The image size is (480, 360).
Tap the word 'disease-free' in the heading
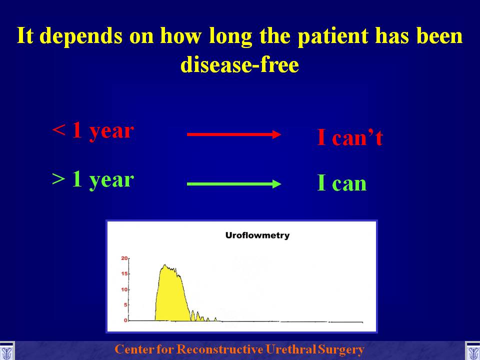(239, 64)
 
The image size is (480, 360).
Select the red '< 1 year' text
(93, 130)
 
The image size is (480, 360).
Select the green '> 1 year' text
(93, 180)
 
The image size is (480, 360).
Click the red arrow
(234, 134)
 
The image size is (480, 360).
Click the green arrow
(234, 184)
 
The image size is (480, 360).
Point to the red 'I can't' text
(350, 137)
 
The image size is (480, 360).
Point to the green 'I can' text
(341, 183)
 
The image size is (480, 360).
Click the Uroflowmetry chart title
(257, 235)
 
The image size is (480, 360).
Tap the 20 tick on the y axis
(124, 258)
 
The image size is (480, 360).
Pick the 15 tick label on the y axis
(124, 273)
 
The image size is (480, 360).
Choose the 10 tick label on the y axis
(124, 289)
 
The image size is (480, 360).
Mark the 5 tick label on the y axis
(125, 305)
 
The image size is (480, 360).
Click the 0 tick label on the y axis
(125, 320)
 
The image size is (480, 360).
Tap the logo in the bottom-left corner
(6, 351)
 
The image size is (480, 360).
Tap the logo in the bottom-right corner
(473, 351)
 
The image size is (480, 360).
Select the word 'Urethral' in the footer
(290, 349)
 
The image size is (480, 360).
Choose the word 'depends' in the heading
(81, 36)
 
